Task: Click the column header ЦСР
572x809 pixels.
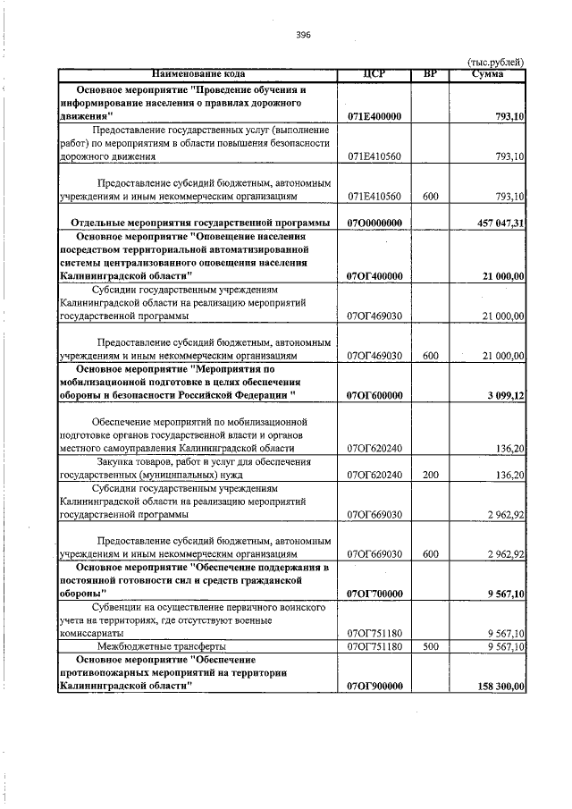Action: [x=374, y=73]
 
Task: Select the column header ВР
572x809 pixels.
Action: [x=429, y=73]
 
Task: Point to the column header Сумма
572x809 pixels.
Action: [x=488, y=73]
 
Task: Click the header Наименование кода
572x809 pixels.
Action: [x=198, y=73]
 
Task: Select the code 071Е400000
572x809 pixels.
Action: [x=374, y=117]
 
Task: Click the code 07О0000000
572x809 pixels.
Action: [x=374, y=222]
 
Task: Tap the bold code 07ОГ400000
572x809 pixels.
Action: [x=374, y=277]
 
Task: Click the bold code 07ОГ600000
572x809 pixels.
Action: [x=374, y=395]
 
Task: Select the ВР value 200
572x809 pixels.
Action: [x=430, y=475]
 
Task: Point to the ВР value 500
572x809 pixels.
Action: [x=430, y=645]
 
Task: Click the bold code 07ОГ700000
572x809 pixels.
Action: [x=374, y=594]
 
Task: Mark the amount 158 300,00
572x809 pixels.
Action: [x=497, y=686]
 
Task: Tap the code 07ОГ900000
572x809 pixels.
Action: [x=374, y=686]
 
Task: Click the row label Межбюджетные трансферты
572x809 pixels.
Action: [x=148, y=645]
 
